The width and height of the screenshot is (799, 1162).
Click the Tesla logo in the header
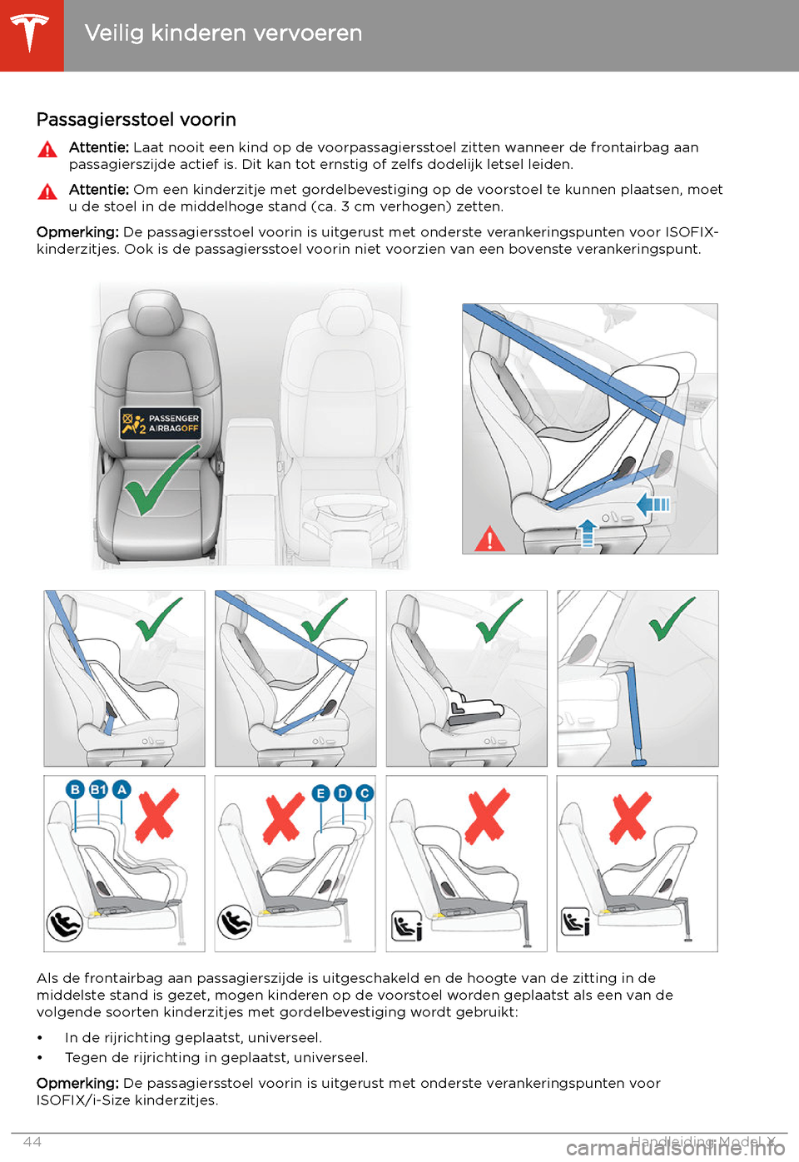point(30,32)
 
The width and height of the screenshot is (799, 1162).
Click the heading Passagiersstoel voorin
point(136,120)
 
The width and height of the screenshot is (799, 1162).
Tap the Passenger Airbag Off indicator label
point(161,424)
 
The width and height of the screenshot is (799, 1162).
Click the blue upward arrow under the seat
point(587,532)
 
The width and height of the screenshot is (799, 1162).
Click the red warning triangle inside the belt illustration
point(489,539)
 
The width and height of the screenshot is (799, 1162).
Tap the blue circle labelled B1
point(98,790)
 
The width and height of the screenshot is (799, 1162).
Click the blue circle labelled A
point(122,790)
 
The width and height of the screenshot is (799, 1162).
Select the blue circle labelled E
point(320,793)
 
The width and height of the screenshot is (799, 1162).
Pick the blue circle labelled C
point(365,793)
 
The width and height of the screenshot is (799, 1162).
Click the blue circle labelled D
point(342,793)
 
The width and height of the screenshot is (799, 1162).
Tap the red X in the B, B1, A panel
point(157,815)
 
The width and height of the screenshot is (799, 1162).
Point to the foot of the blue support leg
point(638,762)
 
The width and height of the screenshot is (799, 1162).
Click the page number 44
point(32,1142)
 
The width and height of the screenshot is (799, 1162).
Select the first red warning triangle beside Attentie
point(47,149)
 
